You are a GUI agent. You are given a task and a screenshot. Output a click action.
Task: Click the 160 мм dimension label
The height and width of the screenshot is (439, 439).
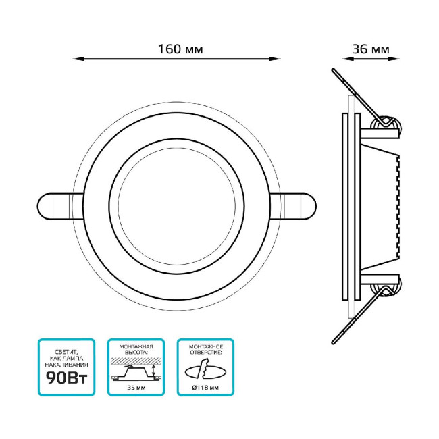180,49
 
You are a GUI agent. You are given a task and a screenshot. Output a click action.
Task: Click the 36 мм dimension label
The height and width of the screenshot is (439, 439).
370,49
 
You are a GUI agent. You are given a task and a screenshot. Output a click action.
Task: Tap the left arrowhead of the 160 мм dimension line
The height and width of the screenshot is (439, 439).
78,59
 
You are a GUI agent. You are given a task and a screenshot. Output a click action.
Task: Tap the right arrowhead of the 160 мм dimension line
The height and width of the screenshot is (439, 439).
275,59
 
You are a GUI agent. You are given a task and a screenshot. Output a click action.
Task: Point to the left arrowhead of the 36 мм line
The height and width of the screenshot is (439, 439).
348,59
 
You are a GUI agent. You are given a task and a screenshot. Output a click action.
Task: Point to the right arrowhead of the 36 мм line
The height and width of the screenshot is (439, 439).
394,59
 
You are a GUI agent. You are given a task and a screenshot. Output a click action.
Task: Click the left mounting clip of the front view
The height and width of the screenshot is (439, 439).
60,207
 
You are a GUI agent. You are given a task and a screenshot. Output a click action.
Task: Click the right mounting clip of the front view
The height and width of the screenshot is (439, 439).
293,207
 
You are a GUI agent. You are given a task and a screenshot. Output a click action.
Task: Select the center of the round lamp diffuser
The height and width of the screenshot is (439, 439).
177,207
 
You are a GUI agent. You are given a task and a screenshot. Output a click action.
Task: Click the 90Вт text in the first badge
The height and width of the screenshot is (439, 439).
67,378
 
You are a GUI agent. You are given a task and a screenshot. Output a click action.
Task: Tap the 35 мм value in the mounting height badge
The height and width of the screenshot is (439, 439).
136,388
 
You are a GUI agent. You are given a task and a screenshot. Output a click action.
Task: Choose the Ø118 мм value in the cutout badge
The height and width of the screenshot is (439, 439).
205,388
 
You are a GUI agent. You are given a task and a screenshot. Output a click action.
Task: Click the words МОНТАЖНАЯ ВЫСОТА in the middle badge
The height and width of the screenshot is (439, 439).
136,349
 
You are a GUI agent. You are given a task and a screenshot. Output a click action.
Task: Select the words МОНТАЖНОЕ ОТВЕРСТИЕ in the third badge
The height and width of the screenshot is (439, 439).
206,349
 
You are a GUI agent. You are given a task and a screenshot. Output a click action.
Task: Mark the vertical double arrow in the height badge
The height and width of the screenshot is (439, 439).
153,371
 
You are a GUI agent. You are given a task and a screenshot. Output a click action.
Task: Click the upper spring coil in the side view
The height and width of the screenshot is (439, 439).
386,125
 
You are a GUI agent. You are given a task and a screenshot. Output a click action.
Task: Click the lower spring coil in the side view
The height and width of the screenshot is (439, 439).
386,287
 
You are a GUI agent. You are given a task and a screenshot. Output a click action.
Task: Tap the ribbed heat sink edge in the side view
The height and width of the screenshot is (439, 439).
398,207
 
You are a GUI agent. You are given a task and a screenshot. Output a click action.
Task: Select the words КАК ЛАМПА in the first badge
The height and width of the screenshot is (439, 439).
67,359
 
